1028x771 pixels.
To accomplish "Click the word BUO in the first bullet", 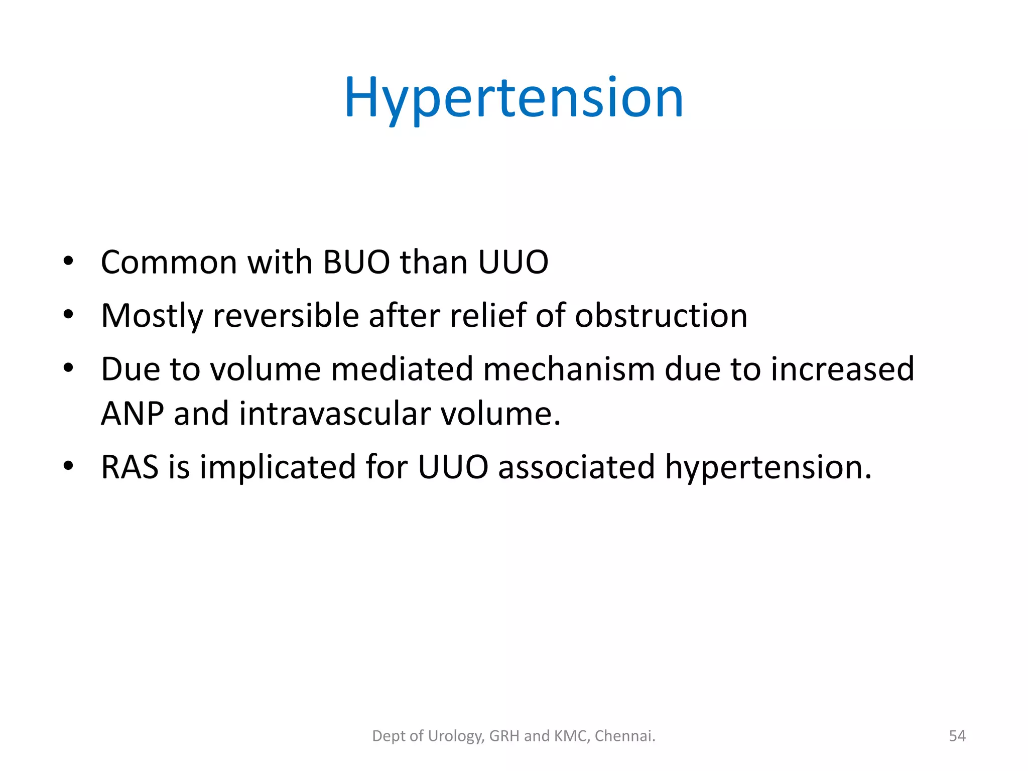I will pyautogui.click(x=356, y=262).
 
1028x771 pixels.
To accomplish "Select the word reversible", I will pyautogui.click(x=286, y=316).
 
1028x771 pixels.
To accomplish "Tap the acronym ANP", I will pyautogui.click(x=132, y=414).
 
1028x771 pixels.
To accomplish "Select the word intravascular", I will pyautogui.click(x=335, y=414).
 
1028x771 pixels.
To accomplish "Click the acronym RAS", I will pyautogui.click(x=130, y=467).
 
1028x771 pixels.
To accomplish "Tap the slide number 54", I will pyautogui.click(x=957, y=736).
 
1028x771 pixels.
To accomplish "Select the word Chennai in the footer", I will pyautogui.click(x=624, y=736).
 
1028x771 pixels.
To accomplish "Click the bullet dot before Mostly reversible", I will pyautogui.click(x=68, y=315).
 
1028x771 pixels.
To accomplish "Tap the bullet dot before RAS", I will pyautogui.click(x=68, y=466).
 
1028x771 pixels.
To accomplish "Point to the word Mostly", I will pyautogui.click(x=152, y=317).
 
